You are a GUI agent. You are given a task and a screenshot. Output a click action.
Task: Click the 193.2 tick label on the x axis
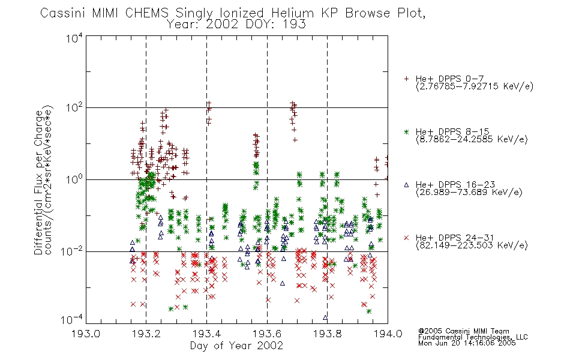[x=146, y=334]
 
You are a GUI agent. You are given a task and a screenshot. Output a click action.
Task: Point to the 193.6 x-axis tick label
[x=267, y=334]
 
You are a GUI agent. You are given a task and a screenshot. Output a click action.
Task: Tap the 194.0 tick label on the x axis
[x=388, y=334]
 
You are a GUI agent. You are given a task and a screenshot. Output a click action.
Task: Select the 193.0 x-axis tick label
[x=86, y=334]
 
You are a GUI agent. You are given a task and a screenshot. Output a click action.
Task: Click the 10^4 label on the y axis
[x=74, y=38]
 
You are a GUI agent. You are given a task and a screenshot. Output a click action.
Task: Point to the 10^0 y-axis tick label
[x=74, y=179]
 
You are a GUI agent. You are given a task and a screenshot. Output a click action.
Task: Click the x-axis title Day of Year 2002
[x=236, y=346]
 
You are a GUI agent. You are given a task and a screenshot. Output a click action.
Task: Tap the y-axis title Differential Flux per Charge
[x=38, y=182]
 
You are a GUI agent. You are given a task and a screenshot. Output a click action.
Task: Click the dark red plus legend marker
[x=406, y=79]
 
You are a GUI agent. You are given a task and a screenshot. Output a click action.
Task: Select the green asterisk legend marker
[x=406, y=131]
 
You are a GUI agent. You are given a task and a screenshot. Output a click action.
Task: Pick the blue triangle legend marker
[x=406, y=185]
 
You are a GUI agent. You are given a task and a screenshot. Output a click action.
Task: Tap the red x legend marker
[x=406, y=238]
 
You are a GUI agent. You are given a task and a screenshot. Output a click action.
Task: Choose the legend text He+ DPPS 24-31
[x=455, y=238]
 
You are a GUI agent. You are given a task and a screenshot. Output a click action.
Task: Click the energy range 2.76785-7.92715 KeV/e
[x=475, y=86]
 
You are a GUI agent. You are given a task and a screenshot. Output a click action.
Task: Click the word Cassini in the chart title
[x=62, y=13]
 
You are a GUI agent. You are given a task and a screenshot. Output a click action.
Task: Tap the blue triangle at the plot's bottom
[x=325, y=317]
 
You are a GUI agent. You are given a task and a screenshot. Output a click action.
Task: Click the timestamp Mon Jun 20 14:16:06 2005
[x=467, y=343]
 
